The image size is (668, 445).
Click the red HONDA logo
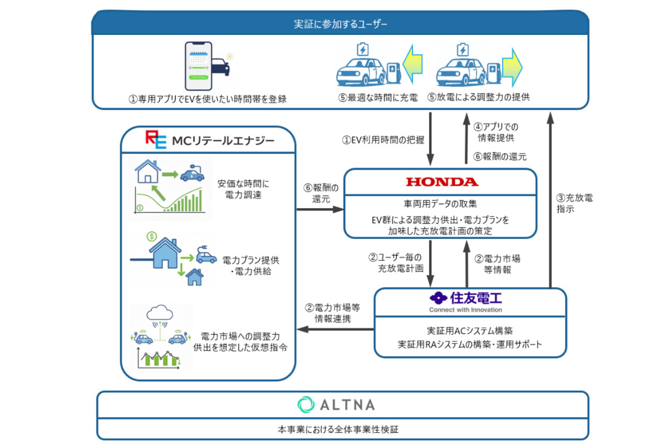[441, 182]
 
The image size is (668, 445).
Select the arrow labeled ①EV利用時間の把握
[431, 139]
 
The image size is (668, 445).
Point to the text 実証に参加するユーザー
[340, 24]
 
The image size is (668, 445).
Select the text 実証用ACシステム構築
[469, 329]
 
